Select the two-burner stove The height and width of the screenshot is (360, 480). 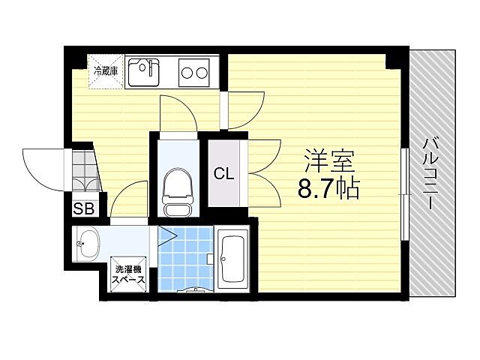194,73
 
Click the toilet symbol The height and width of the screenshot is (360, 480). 177,186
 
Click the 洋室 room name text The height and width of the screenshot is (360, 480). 328,160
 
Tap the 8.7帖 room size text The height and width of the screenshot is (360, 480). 328,188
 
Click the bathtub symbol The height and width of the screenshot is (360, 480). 235,259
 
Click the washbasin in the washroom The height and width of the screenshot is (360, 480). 88,244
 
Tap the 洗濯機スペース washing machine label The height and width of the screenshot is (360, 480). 129,275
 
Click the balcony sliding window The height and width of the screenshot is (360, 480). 405,182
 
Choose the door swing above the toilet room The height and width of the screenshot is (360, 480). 178,114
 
